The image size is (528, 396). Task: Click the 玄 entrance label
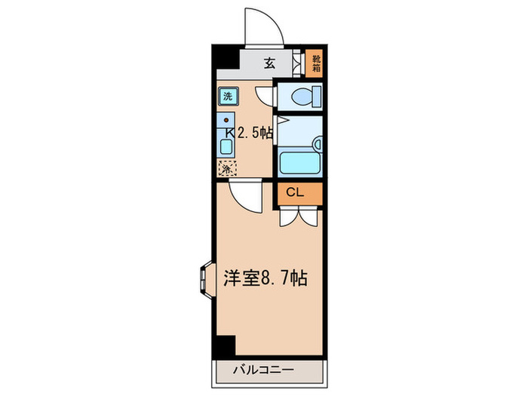point(269,63)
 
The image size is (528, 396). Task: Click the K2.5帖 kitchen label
point(249,133)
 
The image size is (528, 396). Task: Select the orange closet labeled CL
point(299,193)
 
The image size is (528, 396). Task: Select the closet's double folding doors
point(299,216)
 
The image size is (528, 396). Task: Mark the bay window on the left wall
point(205,277)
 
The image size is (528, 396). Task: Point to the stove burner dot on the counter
point(226,120)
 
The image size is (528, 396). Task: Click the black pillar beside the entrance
point(223,61)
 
